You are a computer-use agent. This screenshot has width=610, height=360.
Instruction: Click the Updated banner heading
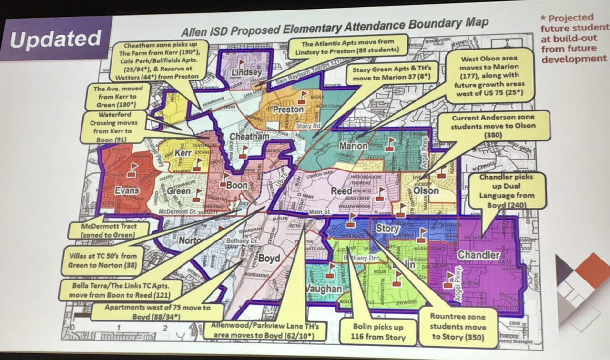[x=55, y=40]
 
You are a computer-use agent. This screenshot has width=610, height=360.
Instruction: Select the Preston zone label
[x=288, y=110]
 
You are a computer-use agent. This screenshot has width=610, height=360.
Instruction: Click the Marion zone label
[x=353, y=146]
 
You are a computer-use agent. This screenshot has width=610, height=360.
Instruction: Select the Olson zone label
[x=426, y=190]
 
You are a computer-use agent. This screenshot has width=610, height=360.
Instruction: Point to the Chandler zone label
[x=478, y=255]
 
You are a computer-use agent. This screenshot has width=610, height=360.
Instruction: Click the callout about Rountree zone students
[x=457, y=327]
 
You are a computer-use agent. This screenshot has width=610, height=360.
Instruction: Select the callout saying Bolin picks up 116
[x=378, y=333]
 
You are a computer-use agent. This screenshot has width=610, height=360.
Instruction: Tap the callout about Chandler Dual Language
[x=507, y=190]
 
